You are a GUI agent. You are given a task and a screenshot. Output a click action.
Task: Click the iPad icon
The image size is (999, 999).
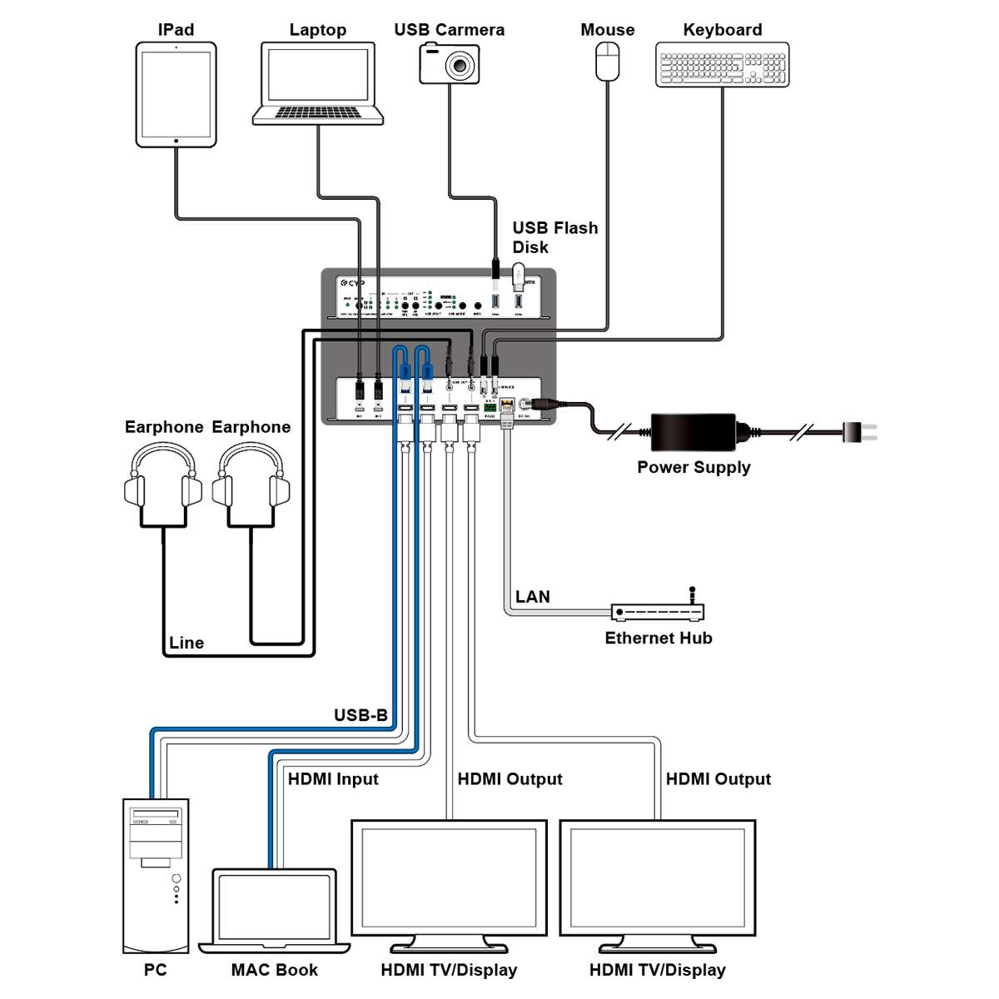176,95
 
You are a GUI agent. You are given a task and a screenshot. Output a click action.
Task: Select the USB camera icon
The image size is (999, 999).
450,63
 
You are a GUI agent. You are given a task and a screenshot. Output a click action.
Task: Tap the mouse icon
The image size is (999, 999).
608,62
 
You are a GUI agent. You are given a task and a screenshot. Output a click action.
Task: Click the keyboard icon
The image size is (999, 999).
722,65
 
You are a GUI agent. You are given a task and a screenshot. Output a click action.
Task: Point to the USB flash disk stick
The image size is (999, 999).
519,276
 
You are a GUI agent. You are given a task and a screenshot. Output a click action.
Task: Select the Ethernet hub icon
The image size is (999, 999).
658,612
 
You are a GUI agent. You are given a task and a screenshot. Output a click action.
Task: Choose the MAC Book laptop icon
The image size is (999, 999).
275,911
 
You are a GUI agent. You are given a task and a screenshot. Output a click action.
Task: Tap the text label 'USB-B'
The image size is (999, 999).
360,715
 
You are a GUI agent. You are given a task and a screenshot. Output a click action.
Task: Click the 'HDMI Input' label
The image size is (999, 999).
333,779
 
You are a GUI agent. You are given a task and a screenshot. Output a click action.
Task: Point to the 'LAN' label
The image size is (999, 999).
532,597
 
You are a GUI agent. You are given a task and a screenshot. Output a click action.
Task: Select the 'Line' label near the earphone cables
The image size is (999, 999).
186,643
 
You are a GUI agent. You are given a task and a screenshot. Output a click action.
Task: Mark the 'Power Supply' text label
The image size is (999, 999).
693,467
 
